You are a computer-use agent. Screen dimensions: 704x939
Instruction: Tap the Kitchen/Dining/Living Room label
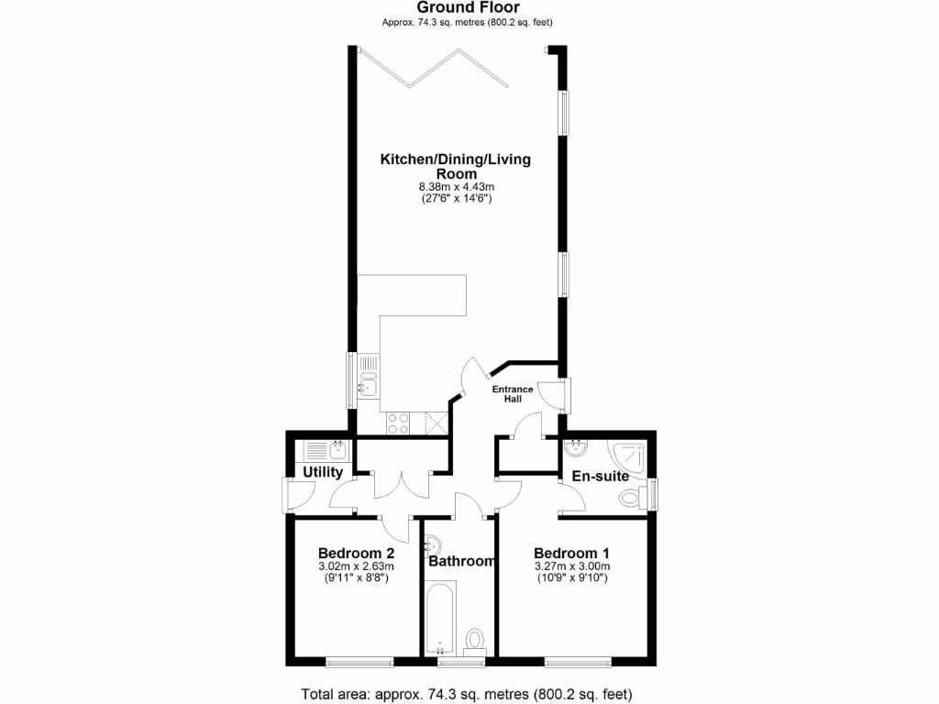point(456,166)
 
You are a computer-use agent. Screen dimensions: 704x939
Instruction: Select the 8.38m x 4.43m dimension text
point(456,187)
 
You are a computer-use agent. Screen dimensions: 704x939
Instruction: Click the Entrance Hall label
point(513,394)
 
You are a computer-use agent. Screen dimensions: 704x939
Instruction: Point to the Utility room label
point(323,473)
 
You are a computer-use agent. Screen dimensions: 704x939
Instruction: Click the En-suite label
point(601,477)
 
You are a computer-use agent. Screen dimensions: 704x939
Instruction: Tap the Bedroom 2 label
point(357,554)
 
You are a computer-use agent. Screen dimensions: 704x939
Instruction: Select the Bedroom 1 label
point(572,554)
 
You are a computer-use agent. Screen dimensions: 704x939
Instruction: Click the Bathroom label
point(462,561)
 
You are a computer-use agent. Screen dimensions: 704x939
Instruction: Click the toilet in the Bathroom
point(475,639)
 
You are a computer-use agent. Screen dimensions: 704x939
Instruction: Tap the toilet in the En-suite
point(630,498)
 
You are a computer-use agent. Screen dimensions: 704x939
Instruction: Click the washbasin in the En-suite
point(577,448)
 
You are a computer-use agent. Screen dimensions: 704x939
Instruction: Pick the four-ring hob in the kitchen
point(399,423)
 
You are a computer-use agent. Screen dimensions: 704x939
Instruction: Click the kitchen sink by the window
point(369,381)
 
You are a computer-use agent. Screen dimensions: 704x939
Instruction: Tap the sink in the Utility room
point(337,449)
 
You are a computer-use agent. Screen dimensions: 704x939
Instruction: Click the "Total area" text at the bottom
point(467,693)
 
